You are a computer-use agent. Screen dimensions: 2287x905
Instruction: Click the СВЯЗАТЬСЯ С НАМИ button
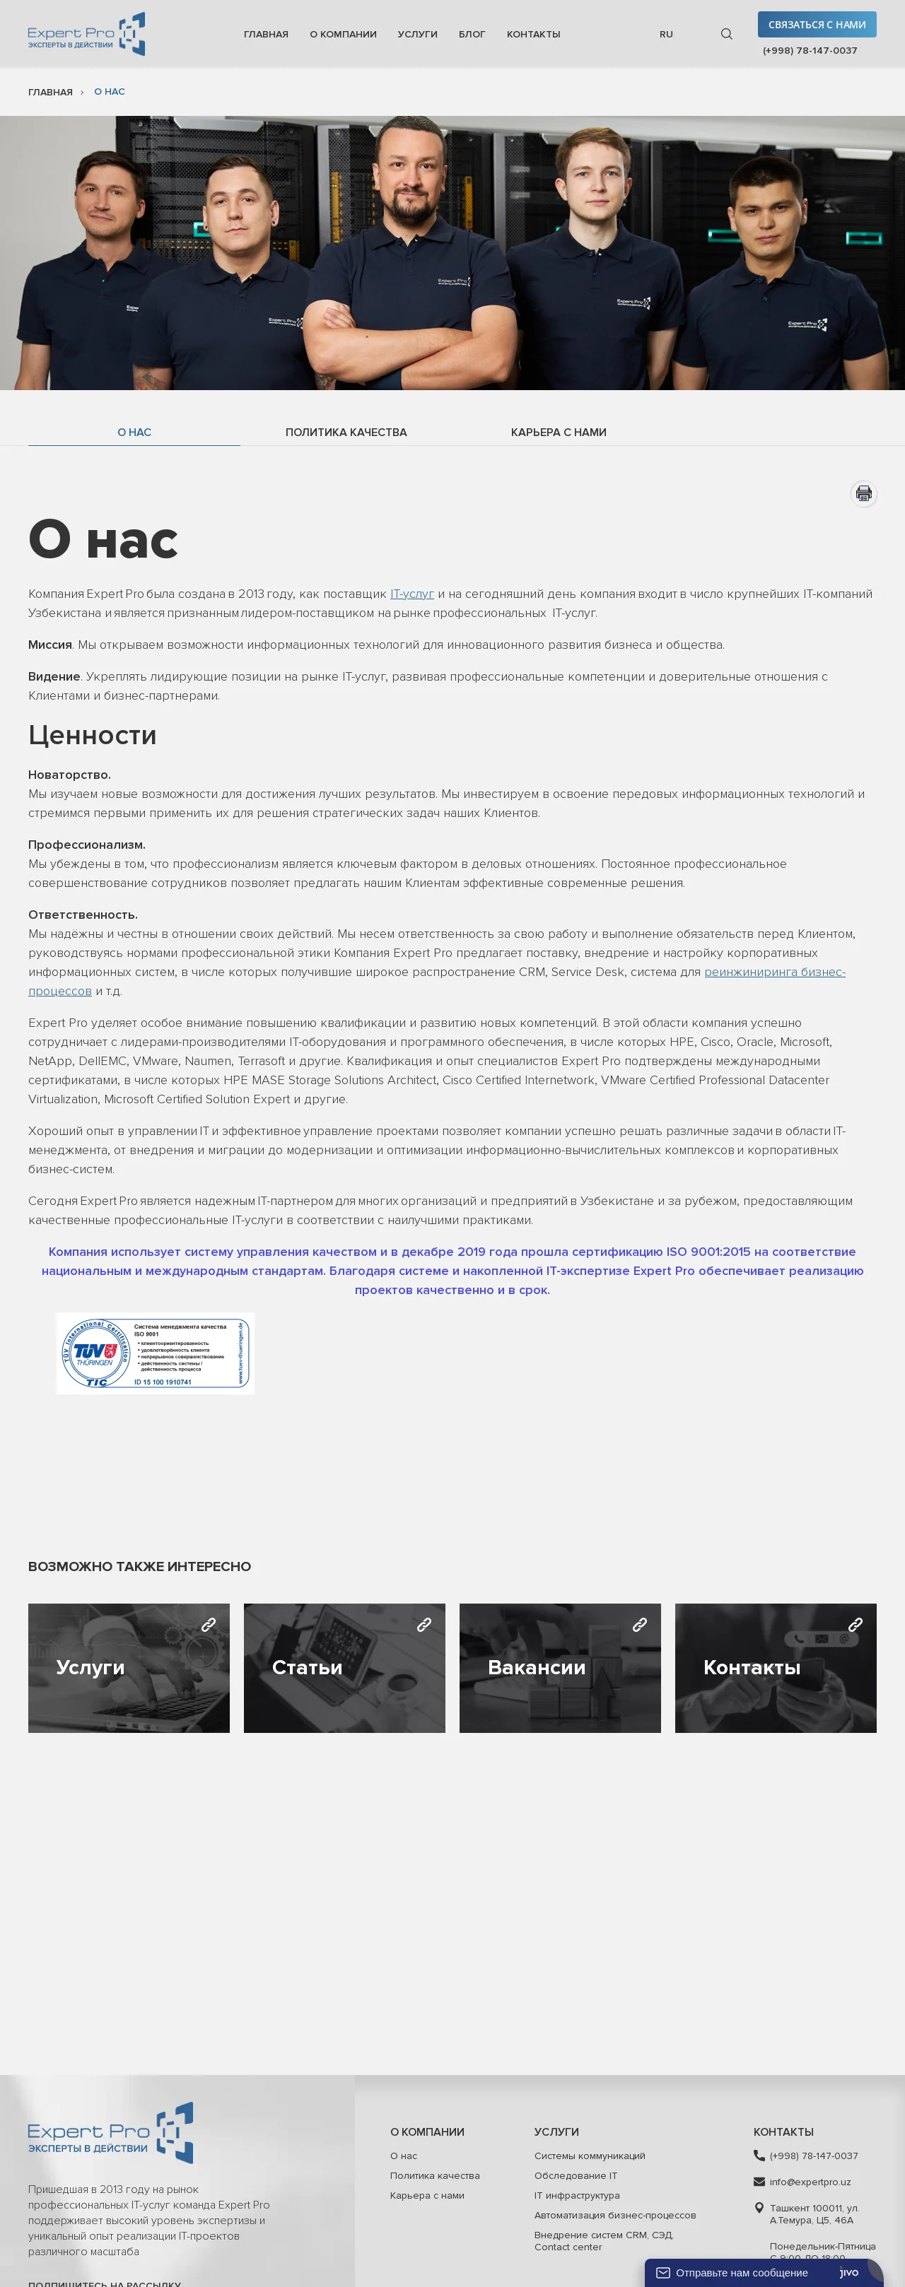tap(816, 25)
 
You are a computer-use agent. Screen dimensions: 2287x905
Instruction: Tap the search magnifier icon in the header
tap(727, 35)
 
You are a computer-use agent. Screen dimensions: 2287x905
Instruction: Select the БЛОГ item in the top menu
tap(472, 35)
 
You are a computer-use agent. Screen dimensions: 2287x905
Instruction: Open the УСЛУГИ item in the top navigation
tap(417, 35)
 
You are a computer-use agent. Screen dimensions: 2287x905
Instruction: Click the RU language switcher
tap(666, 35)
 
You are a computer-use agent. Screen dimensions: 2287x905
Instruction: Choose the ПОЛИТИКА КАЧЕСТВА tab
tap(346, 433)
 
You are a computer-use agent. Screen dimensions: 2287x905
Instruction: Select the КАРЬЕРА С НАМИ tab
tap(558, 433)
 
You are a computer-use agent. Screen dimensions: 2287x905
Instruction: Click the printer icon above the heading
tap(863, 493)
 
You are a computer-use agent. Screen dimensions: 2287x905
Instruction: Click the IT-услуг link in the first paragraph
tap(412, 594)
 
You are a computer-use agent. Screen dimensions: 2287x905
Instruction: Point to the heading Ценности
tap(93, 735)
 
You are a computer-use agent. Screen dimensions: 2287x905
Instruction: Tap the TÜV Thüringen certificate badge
tap(156, 1353)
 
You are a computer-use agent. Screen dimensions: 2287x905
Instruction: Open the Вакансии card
tap(559, 1668)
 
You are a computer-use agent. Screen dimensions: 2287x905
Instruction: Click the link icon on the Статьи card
tap(424, 1625)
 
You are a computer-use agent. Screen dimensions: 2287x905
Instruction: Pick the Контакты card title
tap(752, 1667)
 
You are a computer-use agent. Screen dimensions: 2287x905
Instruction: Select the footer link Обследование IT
tap(576, 2175)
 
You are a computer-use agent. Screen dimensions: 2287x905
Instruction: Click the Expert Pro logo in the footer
tap(110, 2132)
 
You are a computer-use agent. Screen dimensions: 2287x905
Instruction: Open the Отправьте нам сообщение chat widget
tap(742, 2272)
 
